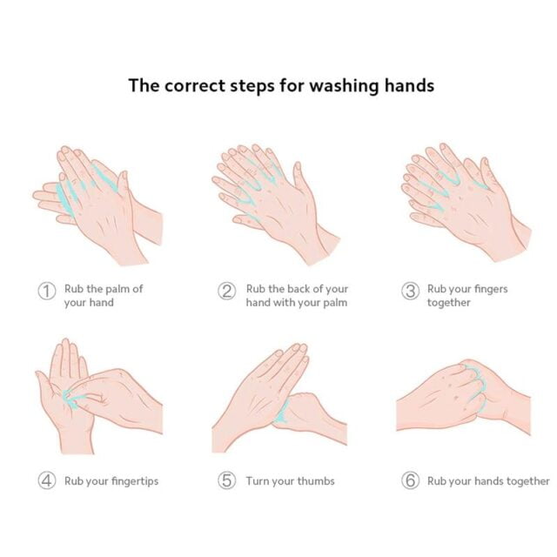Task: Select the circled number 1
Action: [47, 292]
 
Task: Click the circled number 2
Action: [226, 292]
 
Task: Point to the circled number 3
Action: [410, 292]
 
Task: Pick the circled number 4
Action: [47, 480]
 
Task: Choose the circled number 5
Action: [226, 480]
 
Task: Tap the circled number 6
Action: [410, 480]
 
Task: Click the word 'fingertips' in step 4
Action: [135, 481]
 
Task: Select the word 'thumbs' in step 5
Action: [316, 480]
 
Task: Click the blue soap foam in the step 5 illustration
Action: [282, 412]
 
